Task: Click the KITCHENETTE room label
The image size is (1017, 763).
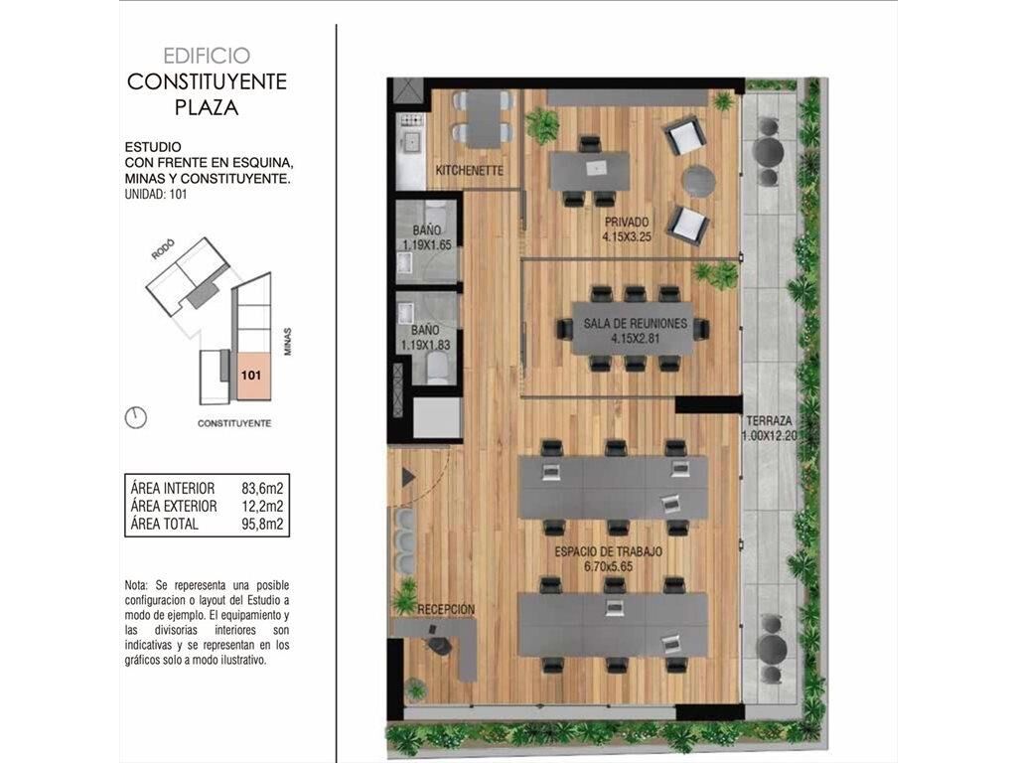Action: [470, 171]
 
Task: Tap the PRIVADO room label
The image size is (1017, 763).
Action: [626, 222]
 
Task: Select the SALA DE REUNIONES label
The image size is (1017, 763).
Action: [635, 323]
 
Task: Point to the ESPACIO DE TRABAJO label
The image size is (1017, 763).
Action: [609, 551]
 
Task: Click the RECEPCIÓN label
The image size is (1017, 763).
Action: [446, 610]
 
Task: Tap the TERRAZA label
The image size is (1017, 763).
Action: [769, 420]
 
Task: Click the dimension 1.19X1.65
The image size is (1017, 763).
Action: [427, 245]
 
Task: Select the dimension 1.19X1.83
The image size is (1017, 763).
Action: [425, 345]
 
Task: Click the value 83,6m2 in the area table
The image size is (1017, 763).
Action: [262, 488]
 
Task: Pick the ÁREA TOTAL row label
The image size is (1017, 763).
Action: [164, 525]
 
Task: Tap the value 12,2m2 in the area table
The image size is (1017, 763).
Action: [262, 506]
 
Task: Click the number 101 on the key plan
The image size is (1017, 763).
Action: [251, 375]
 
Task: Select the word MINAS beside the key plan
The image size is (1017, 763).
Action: [287, 342]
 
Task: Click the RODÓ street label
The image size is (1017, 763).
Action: [164, 249]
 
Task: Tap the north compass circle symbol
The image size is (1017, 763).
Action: [135, 418]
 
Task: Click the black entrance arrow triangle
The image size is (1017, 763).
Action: [408, 478]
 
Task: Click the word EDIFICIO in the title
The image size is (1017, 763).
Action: [207, 56]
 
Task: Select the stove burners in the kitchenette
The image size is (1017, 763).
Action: [410, 120]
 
